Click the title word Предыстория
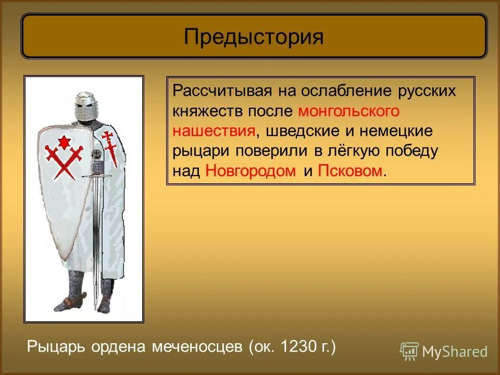coord(254,36)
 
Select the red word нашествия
coord(214,131)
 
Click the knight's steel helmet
coord(85,106)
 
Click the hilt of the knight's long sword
coord(96,167)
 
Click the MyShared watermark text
coord(455,352)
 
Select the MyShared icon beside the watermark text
coord(409,351)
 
